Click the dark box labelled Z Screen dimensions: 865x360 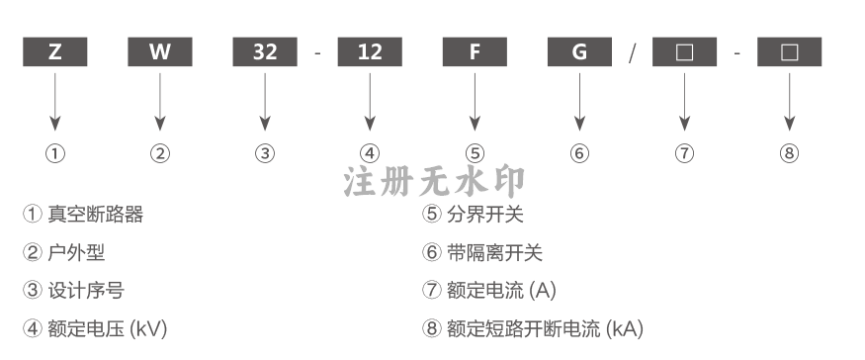point(55,51)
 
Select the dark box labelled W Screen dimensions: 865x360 point(160,51)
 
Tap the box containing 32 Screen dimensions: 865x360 point(265,51)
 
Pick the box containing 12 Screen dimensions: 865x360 point(370,51)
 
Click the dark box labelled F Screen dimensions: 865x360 point(475,51)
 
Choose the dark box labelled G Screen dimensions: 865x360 point(579,51)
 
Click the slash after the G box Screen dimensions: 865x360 point(633,53)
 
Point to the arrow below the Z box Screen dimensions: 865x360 point(55,102)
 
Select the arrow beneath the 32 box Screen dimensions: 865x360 point(265,102)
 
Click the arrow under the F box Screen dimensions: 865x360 point(475,102)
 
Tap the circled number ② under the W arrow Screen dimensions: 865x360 point(160,153)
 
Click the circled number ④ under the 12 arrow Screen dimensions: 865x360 point(370,153)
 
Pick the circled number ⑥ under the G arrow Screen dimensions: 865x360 point(579,153)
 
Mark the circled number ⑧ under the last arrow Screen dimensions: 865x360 point(789,153)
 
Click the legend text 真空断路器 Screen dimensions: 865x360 point(96,215)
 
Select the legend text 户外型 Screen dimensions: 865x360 point(76,253)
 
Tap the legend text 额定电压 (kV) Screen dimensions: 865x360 point(108,329)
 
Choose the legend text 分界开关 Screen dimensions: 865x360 point(485,215)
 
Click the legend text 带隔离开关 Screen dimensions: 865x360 point(495,253)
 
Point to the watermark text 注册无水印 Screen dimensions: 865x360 point(434,181)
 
